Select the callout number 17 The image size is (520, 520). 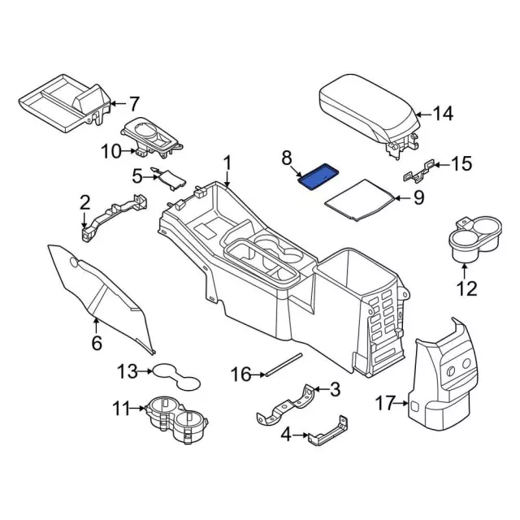click(x=385, y=402)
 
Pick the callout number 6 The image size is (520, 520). click(x=97, y=344)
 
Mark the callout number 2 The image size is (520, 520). click(x=84, y=202)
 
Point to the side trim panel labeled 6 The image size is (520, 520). click(x=102, y=292)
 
